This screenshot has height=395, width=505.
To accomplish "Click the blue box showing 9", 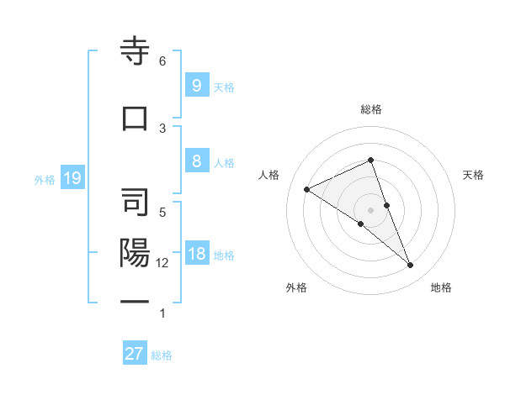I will (196, 85).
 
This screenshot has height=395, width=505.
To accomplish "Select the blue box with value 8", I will (196, 162).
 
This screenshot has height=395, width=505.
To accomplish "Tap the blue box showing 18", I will (196, 255).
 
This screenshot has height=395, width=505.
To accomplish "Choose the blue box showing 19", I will (72, 178).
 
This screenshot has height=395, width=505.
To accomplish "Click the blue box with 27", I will (135, 354).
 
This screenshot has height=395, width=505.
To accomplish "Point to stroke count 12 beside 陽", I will (162, 263).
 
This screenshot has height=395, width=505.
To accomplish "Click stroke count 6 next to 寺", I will (162, 61).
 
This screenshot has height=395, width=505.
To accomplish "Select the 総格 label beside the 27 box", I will (162, 355).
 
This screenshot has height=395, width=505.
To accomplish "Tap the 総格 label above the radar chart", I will (371, 109).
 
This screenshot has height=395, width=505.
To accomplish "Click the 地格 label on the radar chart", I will (441, 288).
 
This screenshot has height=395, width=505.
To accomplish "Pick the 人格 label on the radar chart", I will (269, 175).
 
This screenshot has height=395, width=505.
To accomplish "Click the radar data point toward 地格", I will (411, 266).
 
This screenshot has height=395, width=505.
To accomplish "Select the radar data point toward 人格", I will (307, 189).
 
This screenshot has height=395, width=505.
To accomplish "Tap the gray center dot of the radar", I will (371, 209).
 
